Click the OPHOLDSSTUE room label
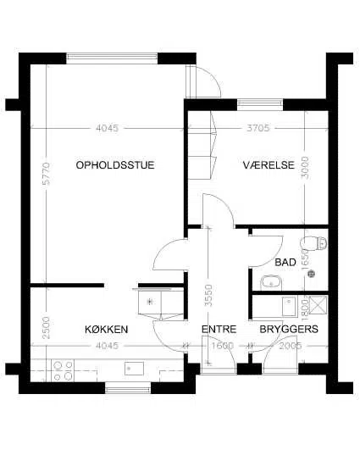pyautogui.click(x=115, y=165)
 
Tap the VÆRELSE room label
pyautogui.click(x=269, y=165)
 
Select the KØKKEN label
pyautogui.click(x=107, y=329)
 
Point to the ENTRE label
pyautogui.click(x=219, y=329)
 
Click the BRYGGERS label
pyautogui.click(x=289, y=329)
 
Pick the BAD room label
pyautogui.click(x=285, y=262)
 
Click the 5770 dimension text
pyautogui.click(x=46, y=174)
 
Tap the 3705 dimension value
pyautogui.click(x=258, y=128)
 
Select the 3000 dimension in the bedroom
pyautogui.click(x=305, y=168)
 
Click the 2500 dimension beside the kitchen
pyautogui.click(x=46, y=328)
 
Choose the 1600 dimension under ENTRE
pyautogui.click(x=223, y=346)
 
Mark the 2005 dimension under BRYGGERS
pyautogui.click(x=291, y=346)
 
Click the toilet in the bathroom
pyautogui.click(x=313, y=243)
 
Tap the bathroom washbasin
pyautogui.click(x=271, y=283)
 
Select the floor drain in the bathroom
pyautogui.click(x=311, y=274)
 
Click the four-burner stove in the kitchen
pyautogui.click(x=63, y=370)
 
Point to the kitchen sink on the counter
pyautogui.click(x=134, y=369)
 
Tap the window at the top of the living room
pyautogui.click(x=112, y=58)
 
